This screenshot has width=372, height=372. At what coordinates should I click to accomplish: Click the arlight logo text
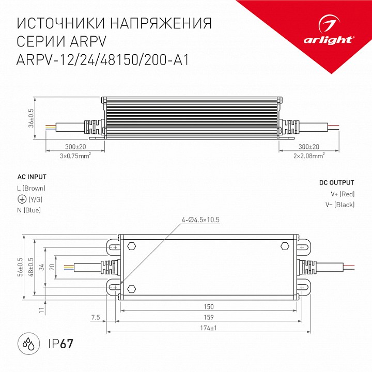(334, 39)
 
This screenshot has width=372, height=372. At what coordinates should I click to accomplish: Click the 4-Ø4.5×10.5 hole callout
(201, 220)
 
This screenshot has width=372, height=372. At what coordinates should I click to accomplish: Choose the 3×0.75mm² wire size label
(76, 154)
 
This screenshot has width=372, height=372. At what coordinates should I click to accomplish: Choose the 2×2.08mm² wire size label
(309, 154)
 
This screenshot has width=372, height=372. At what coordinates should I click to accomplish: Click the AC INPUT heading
(32, 177)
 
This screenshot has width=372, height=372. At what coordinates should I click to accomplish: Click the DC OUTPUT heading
(336, 183)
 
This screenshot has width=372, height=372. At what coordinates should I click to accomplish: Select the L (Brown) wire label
(32, 188)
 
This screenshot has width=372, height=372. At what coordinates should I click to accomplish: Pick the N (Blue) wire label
(29, 210)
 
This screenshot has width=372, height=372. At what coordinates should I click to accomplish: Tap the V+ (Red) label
(343, 194)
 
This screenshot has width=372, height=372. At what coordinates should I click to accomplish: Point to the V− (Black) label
(339, 205)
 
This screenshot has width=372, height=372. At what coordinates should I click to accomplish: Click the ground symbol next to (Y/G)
(21, 199)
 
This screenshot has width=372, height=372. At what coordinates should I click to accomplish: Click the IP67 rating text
(60, 343)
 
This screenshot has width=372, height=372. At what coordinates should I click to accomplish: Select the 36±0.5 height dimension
(31, 118)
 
